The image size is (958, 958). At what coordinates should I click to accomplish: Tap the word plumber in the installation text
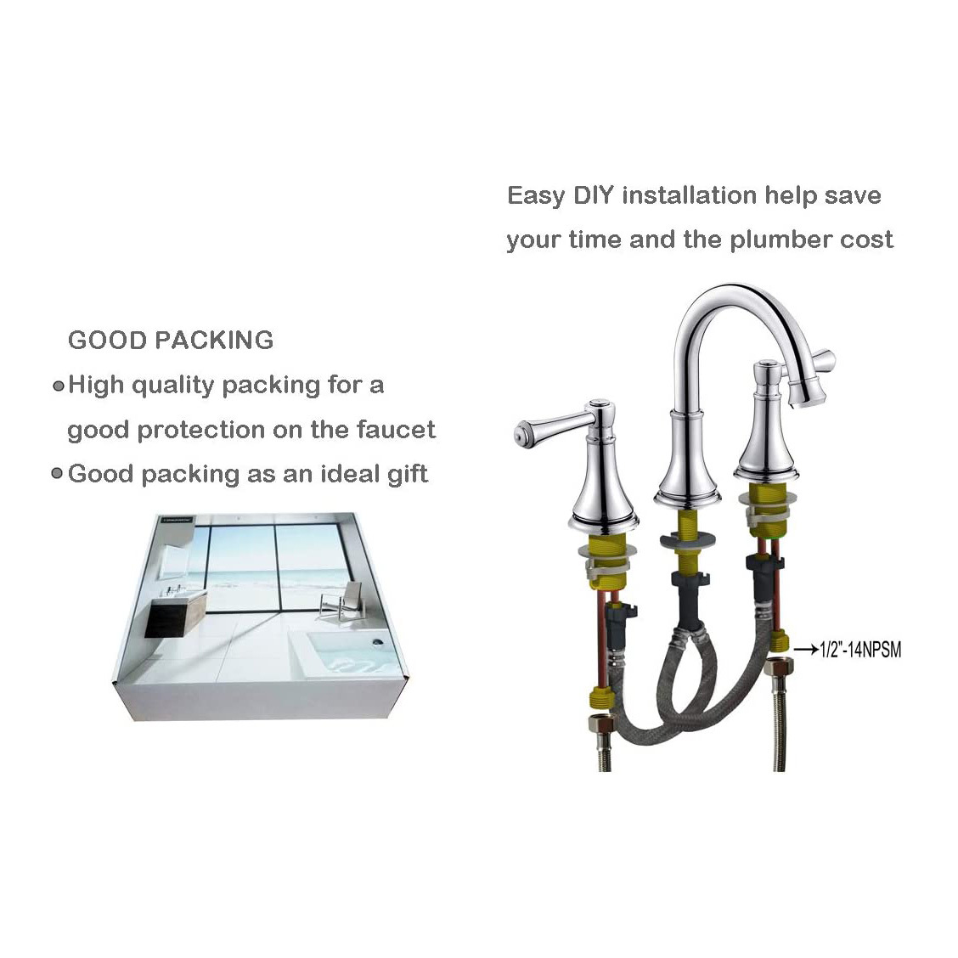[x=780, y=239]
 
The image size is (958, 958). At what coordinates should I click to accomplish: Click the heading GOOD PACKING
[x=171, y=341]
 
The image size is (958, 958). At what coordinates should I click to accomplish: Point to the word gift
[x=408, y=475]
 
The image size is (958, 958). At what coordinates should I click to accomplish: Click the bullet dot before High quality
[x=59, y=386]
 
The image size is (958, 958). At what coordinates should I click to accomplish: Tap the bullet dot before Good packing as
[x=57, y=474]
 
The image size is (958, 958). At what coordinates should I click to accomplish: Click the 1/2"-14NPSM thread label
[x=860, y=649]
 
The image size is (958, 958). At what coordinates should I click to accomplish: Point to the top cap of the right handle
[x=764, y=366]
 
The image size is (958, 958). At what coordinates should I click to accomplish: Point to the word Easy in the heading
[x=536, y=196]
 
